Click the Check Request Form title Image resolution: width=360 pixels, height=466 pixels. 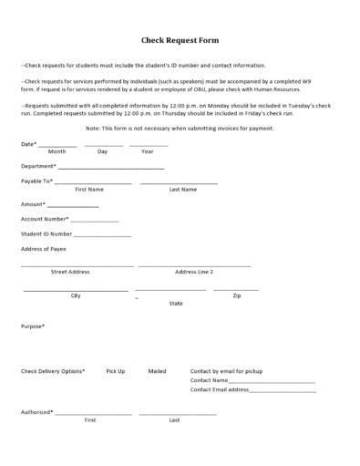click(180, 41)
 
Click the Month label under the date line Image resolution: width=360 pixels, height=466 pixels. click(57, 151)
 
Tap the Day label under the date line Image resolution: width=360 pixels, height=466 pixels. click(102, 151)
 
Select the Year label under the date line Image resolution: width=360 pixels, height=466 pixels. click(148, 151)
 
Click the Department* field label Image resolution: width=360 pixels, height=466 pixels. click(38, 166)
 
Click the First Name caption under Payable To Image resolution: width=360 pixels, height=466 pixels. click(89, 189)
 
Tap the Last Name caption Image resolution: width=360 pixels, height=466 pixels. click(182, 189)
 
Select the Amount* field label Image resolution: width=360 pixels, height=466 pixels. click(33, 204)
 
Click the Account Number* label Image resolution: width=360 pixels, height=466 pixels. click(45, 219)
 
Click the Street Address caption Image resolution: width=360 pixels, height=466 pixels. click(70, 272)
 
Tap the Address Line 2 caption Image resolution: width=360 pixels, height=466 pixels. click(194, 272)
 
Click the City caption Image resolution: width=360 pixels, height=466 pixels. click(76, 295)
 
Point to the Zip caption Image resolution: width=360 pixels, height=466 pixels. click(237, 295)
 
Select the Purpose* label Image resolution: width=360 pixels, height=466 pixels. click(33, 326)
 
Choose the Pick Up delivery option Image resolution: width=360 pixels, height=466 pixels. click(116, 371)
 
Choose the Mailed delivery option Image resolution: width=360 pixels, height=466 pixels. click(158, 371)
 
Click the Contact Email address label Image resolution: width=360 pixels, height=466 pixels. click(220, 389)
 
